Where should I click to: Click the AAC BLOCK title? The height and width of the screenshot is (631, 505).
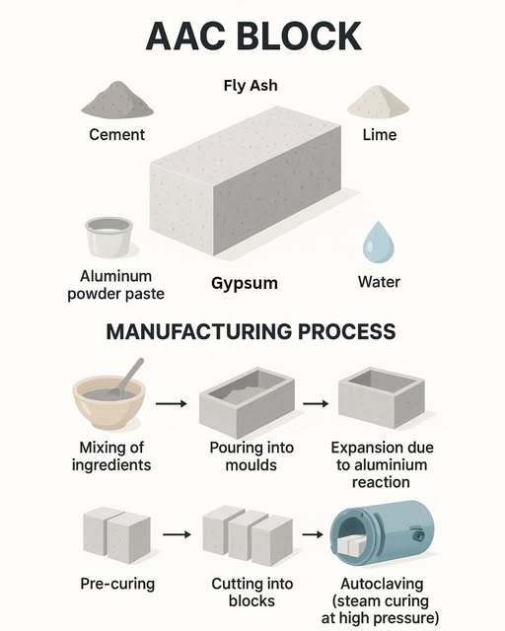tap(252, 36)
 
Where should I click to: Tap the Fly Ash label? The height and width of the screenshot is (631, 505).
tap(252, 85)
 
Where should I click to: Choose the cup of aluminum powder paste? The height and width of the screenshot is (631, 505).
tap(109, 238)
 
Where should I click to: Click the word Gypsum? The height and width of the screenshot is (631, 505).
tap(244, 283)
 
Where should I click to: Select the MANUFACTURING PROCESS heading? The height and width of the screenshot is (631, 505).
tap(252, 331)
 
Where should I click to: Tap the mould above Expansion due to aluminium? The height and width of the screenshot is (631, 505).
tap(381, 399)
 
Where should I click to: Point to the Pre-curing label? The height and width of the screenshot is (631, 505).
tap(117, 584)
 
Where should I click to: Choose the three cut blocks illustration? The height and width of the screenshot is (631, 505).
tap(246, 535)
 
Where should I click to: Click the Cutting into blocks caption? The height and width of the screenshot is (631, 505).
tap(246, 593)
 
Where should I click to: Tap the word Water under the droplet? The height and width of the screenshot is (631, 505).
tap(380, 283)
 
